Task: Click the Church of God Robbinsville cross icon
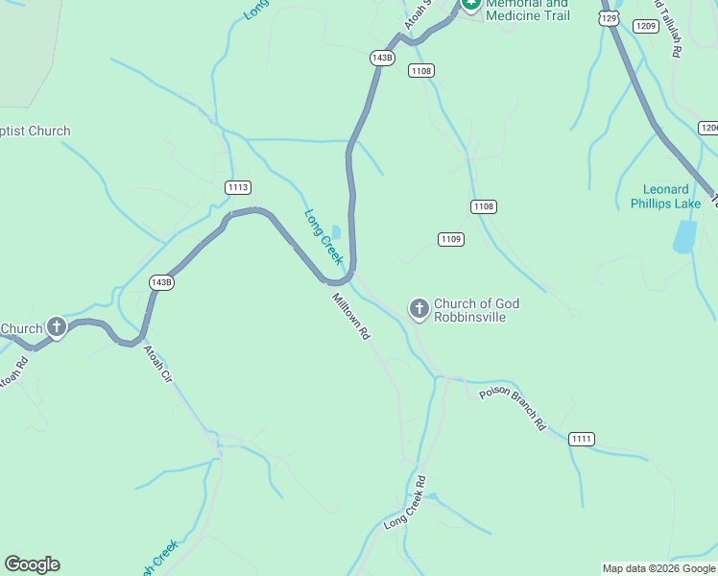419,309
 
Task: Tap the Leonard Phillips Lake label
666,197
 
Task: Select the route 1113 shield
238,187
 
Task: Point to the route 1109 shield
450,239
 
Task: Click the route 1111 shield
582,439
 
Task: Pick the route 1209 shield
646,26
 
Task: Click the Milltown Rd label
351,316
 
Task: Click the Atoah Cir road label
157,365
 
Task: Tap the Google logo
32,564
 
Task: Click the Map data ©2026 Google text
658,568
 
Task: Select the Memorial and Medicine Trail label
527,10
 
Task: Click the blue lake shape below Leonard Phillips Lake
684,236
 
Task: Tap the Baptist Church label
35,132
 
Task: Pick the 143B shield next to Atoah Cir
161,282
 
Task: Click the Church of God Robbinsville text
476,310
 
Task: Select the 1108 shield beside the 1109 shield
484,206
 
